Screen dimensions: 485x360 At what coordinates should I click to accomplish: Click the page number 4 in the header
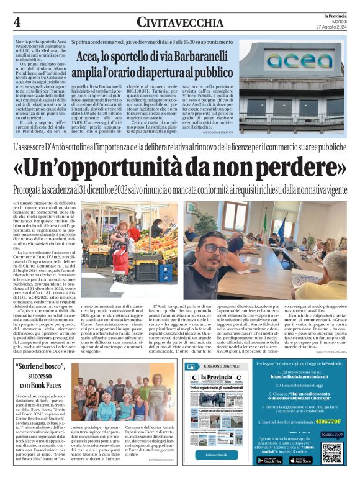point(17,22)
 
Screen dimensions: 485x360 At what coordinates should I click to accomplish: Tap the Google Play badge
point(269,460)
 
